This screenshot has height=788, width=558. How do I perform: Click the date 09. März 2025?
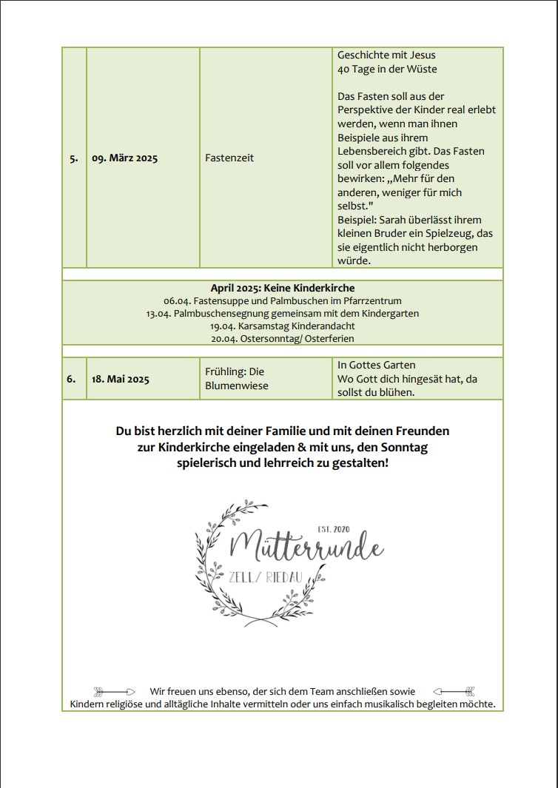click(124, 158)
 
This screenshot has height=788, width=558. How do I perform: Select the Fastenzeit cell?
click(229, 158)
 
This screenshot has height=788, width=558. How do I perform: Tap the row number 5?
click(74, 158)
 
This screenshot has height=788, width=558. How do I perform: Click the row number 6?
click(71, 379)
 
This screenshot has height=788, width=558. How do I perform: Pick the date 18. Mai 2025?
click(120, 379)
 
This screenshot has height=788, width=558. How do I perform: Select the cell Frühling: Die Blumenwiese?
click(235, 379)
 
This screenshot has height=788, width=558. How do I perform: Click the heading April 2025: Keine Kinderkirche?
click(282, 288)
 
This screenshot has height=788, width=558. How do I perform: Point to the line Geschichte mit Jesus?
click(386, 55)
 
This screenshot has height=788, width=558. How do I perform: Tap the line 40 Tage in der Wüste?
click(387, 70)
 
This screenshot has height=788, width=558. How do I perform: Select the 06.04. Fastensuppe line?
click(282, 301)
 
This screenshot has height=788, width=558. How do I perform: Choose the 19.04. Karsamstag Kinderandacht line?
click(282, 326)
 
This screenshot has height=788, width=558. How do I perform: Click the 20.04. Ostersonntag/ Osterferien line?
click(282, 338)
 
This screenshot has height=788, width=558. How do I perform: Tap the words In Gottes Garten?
click(376, 366)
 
